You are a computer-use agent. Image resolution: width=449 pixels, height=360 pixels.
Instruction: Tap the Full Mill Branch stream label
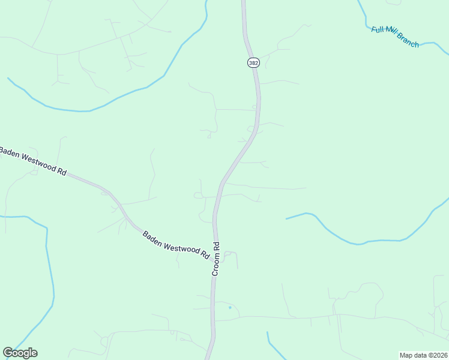coord(395,37)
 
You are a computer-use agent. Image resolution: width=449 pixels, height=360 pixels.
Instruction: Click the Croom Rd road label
coord(216,259)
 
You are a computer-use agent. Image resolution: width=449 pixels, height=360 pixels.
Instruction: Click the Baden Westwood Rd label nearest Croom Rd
coord(176,245)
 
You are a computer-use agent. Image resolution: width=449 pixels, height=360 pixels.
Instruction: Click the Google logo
coord(20,353)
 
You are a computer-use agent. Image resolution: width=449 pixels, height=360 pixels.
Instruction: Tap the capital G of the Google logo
coord(8,353)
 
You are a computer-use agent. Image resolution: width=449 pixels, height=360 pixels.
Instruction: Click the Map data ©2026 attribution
coord(423,355)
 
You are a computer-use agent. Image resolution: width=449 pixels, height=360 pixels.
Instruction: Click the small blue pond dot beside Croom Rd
coord(229,308)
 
